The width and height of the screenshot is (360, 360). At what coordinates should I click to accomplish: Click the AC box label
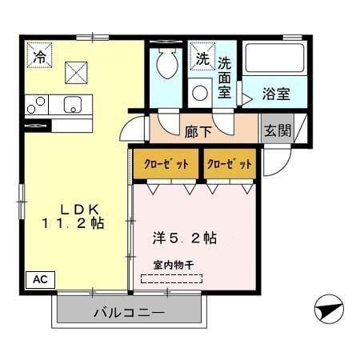click(x=40, y=279)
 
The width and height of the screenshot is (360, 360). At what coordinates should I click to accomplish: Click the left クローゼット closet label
click(x=166, y=164)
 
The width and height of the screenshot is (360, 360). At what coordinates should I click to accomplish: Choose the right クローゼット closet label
click(x=230, y=164)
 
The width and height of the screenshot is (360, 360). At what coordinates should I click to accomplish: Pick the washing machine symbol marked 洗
click(x=202, y=58)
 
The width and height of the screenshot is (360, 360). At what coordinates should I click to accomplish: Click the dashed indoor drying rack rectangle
click(x=172, y=279)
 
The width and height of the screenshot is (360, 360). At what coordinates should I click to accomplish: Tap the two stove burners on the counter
click(x=36, y=103)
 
